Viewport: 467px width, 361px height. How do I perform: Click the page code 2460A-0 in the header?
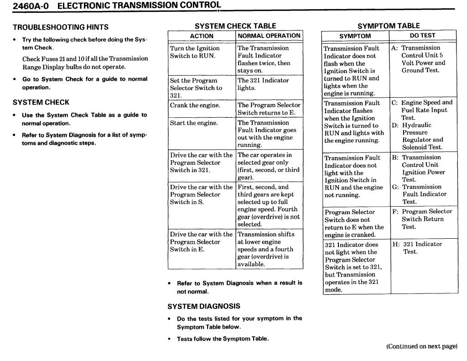[x=28, y=6]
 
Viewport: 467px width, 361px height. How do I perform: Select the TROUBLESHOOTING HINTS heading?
[x=60, y=27]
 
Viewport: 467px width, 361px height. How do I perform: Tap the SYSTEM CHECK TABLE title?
[x=235, y=26]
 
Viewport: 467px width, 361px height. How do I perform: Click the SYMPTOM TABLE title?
[x=389, y=26]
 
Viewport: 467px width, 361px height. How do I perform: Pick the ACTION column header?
[x=202, y=36]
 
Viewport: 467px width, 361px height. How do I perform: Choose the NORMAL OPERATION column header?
[x=269, y=36]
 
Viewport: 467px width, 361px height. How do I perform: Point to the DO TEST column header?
[x=422, y=36]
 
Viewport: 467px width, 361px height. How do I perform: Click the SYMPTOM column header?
[x=355, y=36]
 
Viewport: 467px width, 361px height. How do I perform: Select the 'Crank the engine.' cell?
[x=195, y=105]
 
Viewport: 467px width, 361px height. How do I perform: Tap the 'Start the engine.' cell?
[x=194, y=123]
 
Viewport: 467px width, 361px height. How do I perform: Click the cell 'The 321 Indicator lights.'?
[x=263, y=84]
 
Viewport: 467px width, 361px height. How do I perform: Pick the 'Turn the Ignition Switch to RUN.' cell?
[x=195, y=52]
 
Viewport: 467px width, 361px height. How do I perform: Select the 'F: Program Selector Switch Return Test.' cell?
[x=422, y=219]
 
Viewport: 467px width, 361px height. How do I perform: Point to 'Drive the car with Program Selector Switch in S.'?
[x=201, y=194]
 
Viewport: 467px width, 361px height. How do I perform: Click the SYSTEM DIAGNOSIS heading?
[x=204, y=306]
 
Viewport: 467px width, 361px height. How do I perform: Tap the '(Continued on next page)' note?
[x=421, y=346]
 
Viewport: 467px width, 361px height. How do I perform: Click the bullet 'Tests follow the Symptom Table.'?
[x=223, y=339]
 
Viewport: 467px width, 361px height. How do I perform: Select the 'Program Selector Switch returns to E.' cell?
[x=269, y=109]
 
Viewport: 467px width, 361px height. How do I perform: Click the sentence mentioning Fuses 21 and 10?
[x=85, y=63]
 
